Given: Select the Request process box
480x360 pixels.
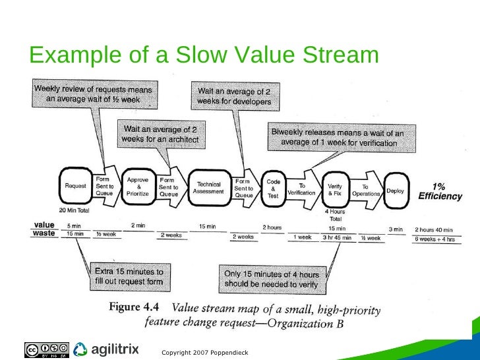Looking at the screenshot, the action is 75,186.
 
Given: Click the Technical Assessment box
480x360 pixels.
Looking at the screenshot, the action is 209,187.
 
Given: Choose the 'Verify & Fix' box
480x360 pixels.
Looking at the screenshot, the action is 334,190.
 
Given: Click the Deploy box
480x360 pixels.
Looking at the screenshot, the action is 395,191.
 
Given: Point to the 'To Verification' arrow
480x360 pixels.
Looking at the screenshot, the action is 302,189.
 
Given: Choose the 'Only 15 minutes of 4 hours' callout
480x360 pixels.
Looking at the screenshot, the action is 271,280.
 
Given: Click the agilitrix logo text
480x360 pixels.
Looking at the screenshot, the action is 114,348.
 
